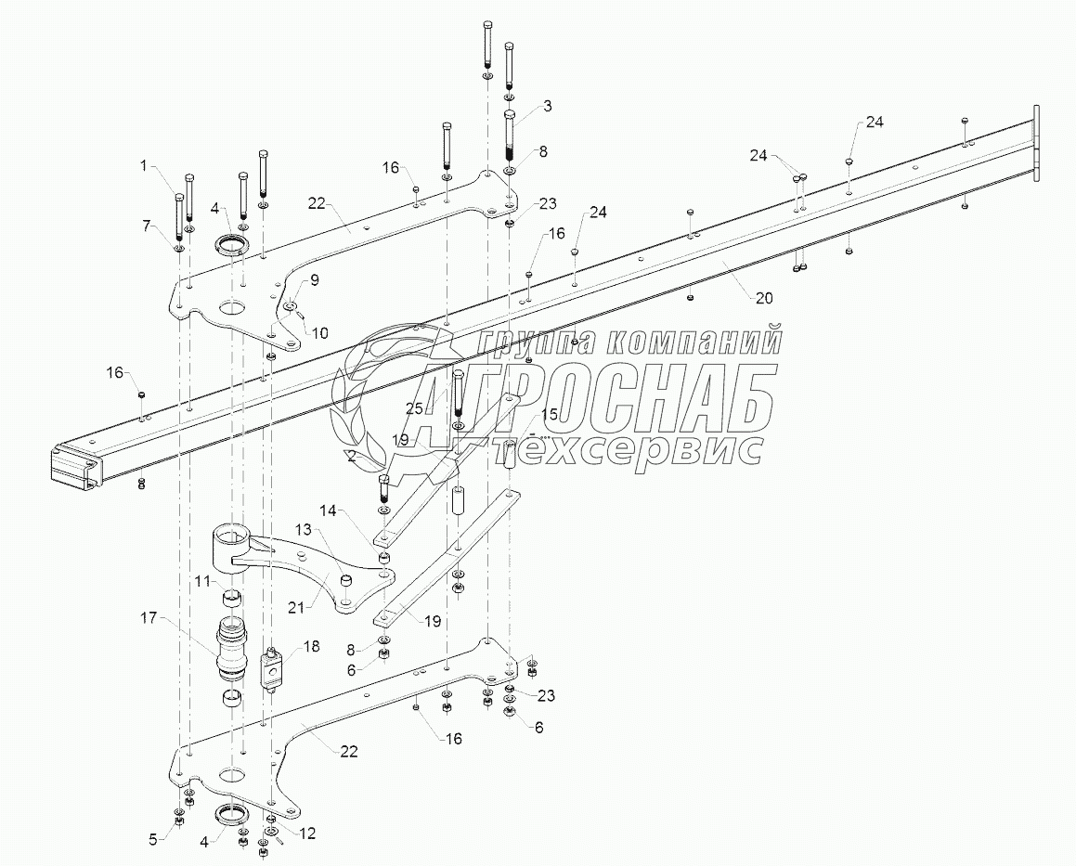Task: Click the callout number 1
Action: tap(144, 166)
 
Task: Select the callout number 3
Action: tap(548, 107)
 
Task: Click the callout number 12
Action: tap(306, 834)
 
